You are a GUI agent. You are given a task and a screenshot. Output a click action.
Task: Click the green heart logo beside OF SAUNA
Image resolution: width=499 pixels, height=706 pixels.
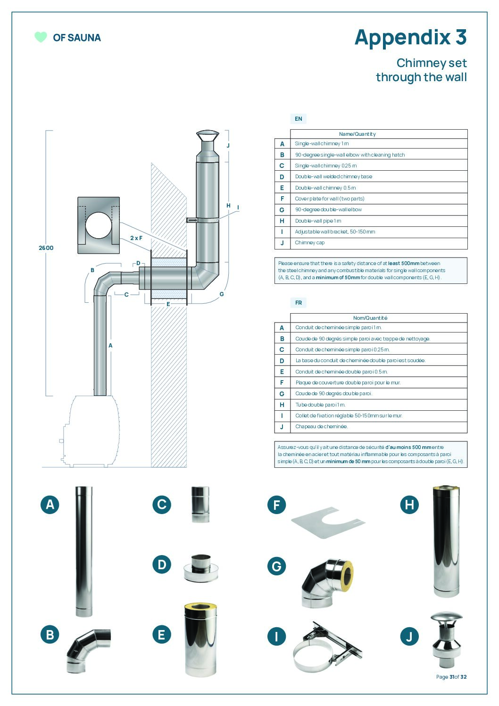pos(41,37)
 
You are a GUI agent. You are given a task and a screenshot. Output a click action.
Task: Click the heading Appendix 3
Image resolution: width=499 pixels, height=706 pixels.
pos(410,37)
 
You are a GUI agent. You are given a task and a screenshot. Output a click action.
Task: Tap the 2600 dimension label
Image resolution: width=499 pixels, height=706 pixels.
pos(46,248)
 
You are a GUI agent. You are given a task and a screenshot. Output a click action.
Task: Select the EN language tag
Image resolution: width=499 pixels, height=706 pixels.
pos(298,119)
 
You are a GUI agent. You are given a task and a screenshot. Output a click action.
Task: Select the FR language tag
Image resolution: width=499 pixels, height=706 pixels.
pos(298,303)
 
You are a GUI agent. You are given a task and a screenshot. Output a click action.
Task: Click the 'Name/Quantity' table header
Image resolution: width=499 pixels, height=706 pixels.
pos(357,134)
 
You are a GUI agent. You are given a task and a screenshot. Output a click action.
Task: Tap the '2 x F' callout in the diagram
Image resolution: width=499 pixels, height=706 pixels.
pos(136,238)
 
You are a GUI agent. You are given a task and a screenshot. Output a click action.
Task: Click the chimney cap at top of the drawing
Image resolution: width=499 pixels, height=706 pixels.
pos(208,136)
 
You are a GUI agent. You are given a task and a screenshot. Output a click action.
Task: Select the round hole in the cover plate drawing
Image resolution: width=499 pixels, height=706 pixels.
pos(99,225)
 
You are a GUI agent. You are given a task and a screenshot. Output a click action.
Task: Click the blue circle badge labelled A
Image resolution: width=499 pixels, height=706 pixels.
pos(50,505)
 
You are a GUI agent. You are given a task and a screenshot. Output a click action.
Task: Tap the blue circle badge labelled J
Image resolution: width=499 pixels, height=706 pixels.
pos(409,637)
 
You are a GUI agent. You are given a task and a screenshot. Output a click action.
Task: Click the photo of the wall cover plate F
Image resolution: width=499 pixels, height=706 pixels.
pos(328,523)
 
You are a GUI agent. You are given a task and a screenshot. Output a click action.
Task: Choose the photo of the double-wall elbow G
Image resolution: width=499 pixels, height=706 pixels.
pos(327,583)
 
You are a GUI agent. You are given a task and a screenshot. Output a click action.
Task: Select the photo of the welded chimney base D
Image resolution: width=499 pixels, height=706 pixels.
pos(201,568)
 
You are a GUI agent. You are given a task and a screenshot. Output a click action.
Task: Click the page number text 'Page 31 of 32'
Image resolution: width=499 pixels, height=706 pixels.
pos(451,677)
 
